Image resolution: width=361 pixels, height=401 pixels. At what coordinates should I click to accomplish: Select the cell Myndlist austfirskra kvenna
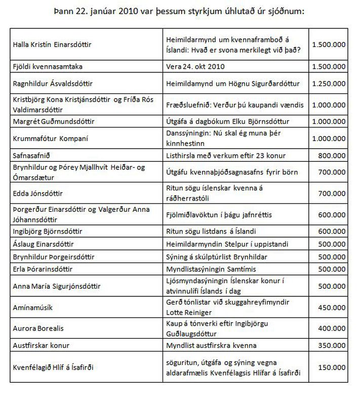coord(211,345)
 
